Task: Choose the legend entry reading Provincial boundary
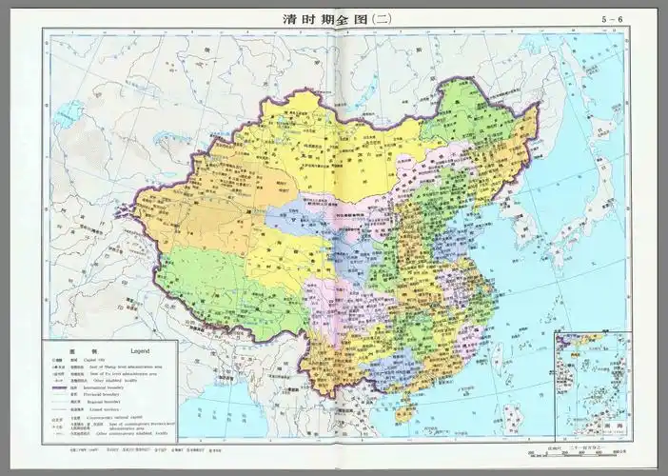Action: click(104, 396)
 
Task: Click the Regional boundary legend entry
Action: click(105, 404)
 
